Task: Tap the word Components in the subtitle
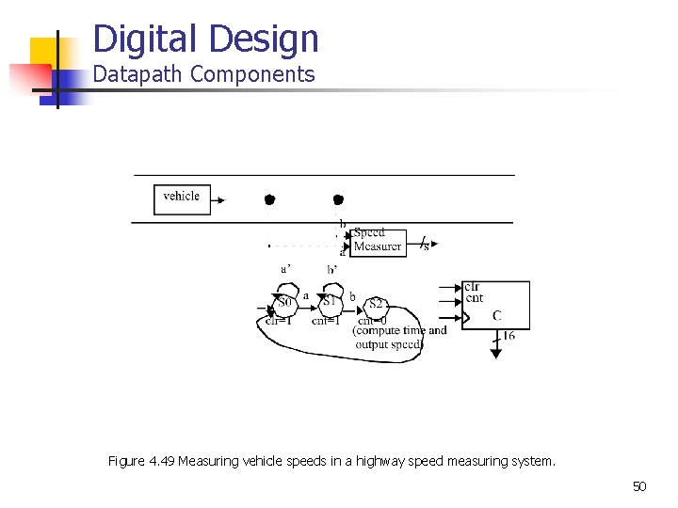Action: pos(251,74)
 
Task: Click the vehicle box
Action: pos(182,198)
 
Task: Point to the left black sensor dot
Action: pos(268,199)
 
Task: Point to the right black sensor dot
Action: pos(338,199)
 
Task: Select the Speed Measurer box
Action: pos(378,240)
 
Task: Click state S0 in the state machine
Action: pos(284,303)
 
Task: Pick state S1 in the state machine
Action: pos(330,302)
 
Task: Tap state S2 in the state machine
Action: pos(376,304)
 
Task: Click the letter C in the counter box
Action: pos(496,315)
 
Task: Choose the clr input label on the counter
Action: pos(472,287)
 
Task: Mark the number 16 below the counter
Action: pos(508,336)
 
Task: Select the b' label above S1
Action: pos(331,269)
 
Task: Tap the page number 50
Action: pos(639,486)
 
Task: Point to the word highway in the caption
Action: pos(378,461)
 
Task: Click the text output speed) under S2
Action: pos(389,344)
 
